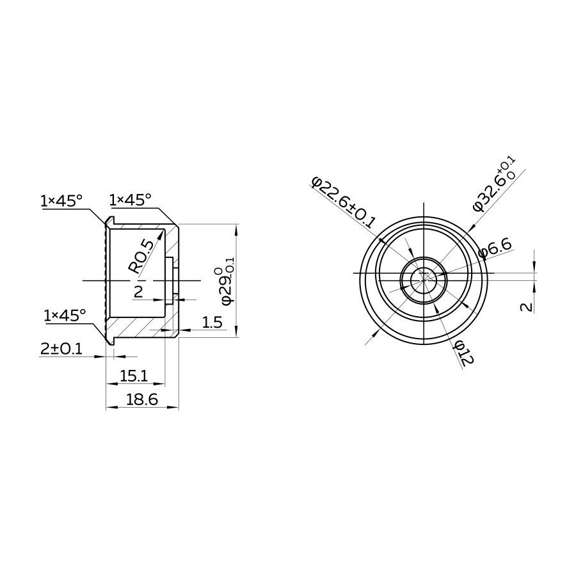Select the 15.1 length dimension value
click(134, 376)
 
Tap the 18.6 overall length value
click(142, 399)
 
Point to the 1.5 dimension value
click(212, 323)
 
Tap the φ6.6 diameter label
click(495, 249)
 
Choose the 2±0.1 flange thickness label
click(61, 349)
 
